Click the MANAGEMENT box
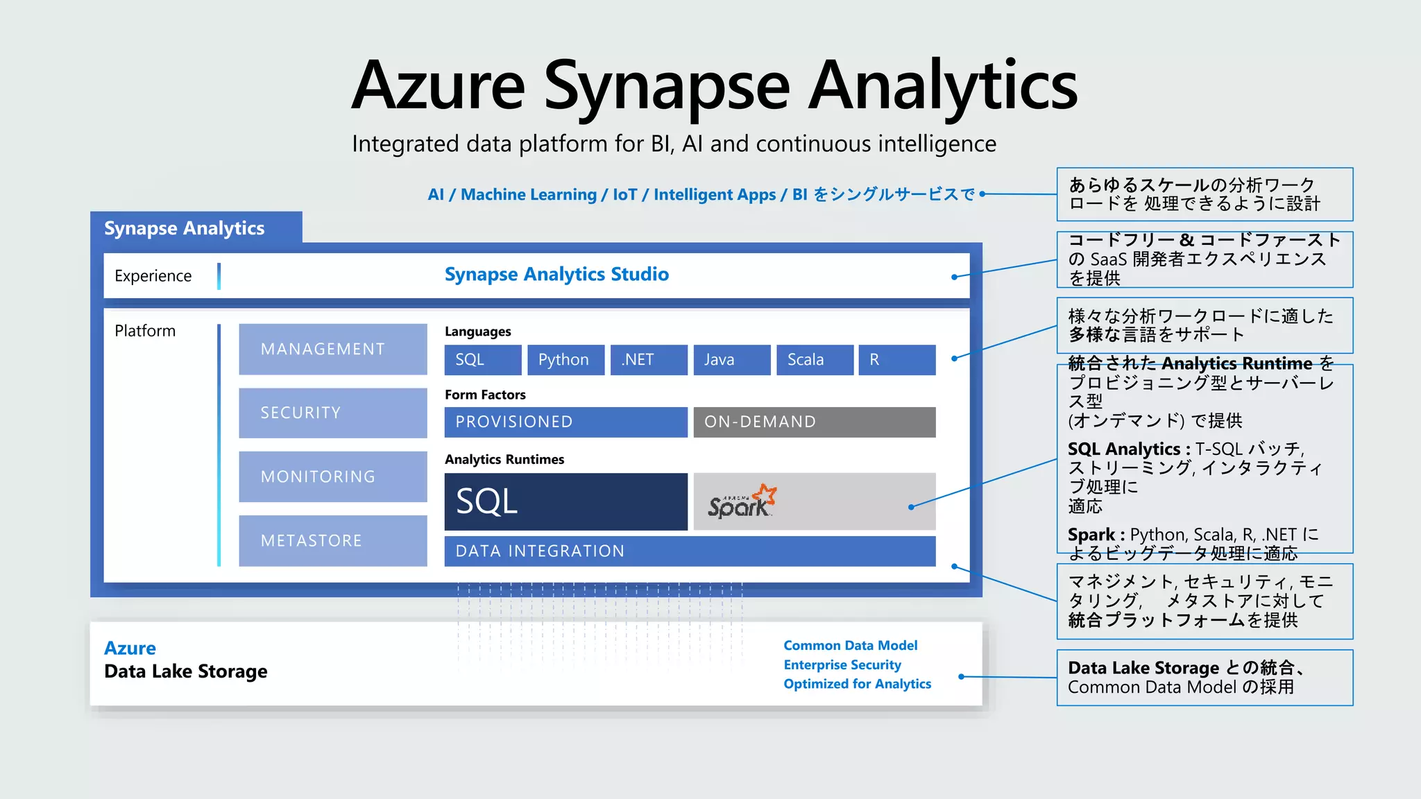pyautogui.click(x=333, y=349)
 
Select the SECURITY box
pyautogui.click(x=333, y=413)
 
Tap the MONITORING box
pyautogui.click(x=333, y=476)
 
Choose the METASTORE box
pyautogui.click(x=333, y=540)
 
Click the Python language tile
pyautogui.click(x=565, y=359)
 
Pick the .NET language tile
pyautogui.click(x=648, y=359)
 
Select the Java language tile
pyautogui.click(x=731, y=359)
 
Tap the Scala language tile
pyautogui.click(x=815, y=359)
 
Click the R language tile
pyautogui.click(x=896, y=359)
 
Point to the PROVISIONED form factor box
pyautogui.click(x=565, y=422)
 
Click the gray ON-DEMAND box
pyautogui.click(x=814, y=422)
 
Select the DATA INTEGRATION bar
pyautogui.click(x=690, y=551)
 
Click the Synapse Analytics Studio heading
pyautogui.click(x=556, y=275)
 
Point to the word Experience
pyautogui.click(x=153, y=276)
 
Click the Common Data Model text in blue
pyautogui.click(x=850, y=646)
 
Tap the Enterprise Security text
pyautogui.click(x=842, y=665)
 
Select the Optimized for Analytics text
pyautogui.click(x=857, y=684)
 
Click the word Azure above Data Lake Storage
pyautogui.click(x=130, y=648)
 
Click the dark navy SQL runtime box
pyautogui.click(x=565, y=501)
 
